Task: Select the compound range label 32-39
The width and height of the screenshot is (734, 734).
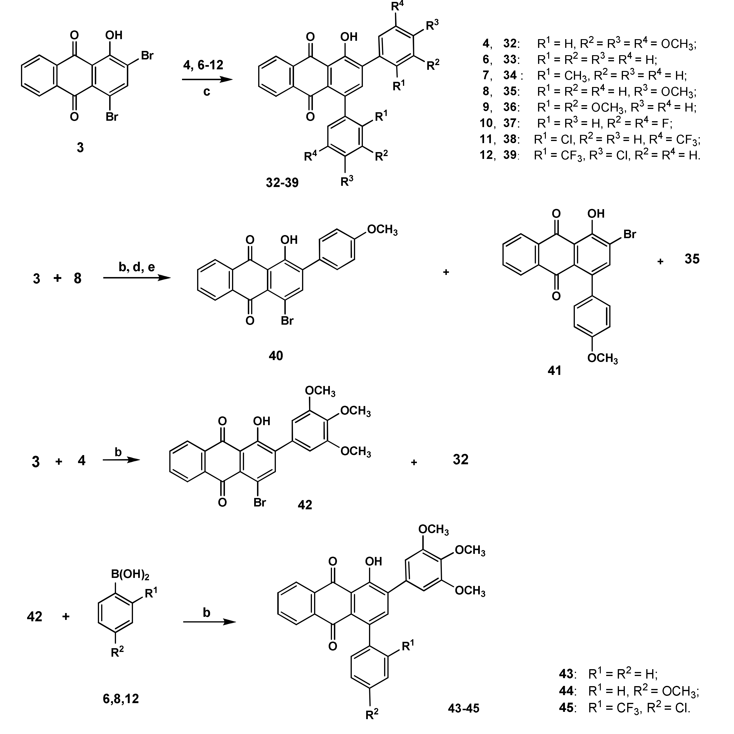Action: pyautogui.click(x=282, y=183)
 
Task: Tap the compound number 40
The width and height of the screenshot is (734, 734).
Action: pyautogui.click(x=276, y=356)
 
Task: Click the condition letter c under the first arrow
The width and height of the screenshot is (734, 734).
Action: pyautogui.click(x=207, y=91)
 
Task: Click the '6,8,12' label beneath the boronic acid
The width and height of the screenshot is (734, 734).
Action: pyautogui.click(x=120, y=698)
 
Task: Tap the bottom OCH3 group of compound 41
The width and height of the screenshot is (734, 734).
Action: pyautogui.click(x=602, y=358)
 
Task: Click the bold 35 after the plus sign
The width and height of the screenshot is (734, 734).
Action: pyautogui.click(x=692, y=259)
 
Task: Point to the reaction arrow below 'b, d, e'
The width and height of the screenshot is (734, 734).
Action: pyautogui.click(x=137, y=278)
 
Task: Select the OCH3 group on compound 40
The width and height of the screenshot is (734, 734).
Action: pyautogui.click(x=382, y=230)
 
